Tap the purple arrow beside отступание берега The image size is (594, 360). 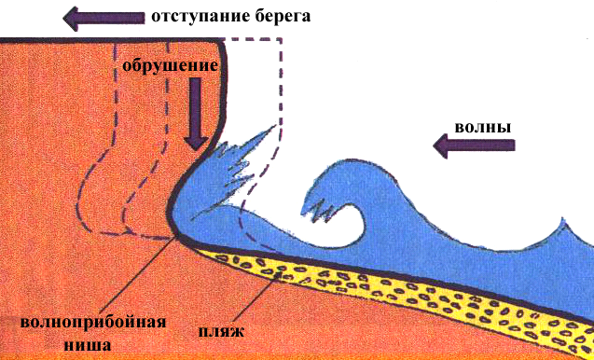104,19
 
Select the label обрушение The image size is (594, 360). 170,67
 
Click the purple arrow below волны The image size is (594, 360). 474,145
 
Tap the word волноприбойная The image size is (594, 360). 93,324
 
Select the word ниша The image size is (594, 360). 88,344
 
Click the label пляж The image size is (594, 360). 222,332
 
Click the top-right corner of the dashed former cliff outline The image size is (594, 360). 282,39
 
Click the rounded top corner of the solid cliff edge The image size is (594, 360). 222,44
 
